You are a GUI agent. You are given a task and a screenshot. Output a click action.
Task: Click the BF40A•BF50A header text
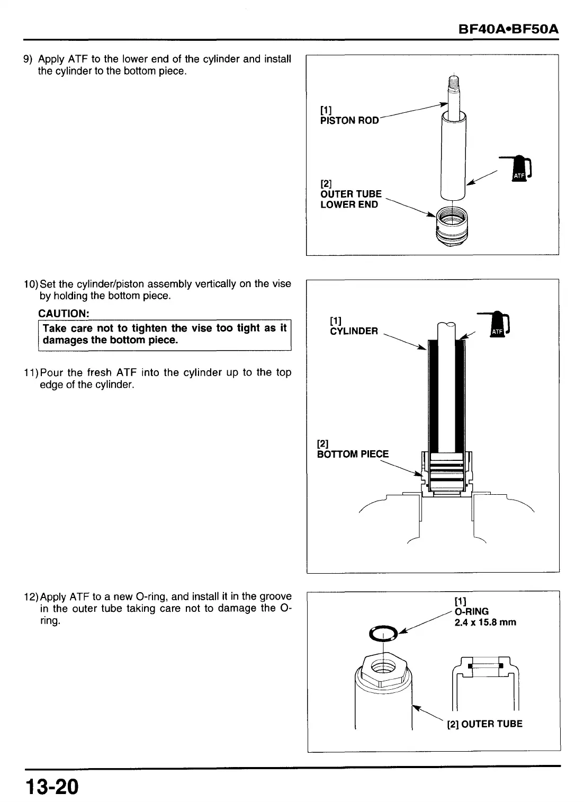(509, 29)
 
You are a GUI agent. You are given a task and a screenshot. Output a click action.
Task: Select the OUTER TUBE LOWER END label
(351, 199)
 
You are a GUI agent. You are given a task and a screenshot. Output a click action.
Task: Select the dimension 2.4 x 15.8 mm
(485, 622)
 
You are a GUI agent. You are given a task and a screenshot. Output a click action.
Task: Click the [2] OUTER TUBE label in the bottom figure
(484, 724)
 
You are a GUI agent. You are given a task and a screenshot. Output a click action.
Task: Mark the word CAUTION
(64, 314)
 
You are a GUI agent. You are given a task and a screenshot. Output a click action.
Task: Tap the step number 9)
(29, 59)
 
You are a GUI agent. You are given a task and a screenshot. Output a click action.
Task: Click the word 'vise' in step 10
(282, 283)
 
